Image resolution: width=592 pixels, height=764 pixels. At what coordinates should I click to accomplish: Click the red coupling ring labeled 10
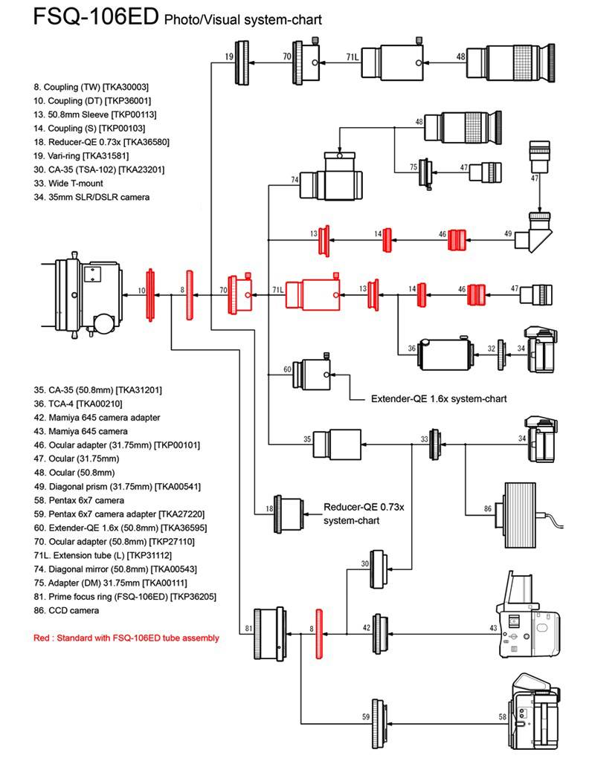click(x=150, y=293)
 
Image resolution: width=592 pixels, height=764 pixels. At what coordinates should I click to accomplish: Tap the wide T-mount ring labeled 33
click(x=434, y=444)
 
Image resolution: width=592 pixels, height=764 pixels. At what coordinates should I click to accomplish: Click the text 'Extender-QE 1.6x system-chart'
click(x=439, y=399)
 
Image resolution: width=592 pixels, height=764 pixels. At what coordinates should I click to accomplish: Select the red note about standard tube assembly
click(x=126, y=638)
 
